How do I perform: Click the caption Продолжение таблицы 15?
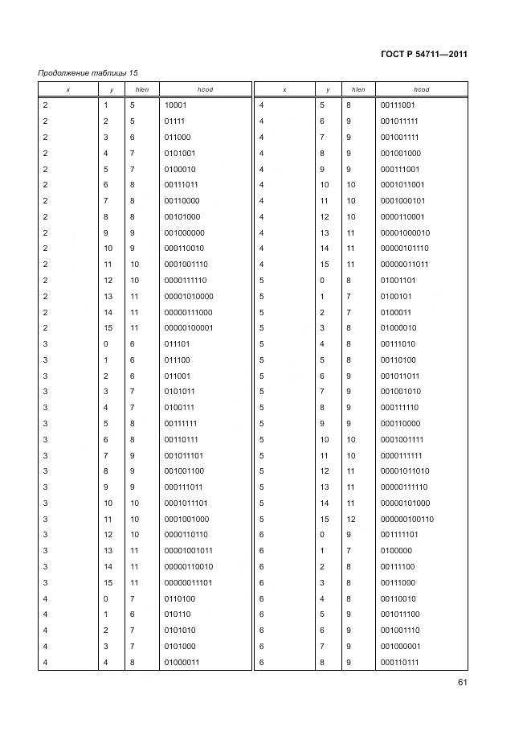coord(80,74)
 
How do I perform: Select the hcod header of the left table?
coord(205,89)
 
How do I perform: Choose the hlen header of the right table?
coord(357,89)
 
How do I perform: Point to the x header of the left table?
coord(67,89)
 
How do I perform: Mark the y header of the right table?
coord(327,89)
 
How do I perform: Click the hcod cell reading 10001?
coord(176,105)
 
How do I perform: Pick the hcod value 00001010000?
coord(188,296)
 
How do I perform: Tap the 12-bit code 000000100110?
coord(406,519)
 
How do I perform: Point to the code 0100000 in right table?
coord(396,551)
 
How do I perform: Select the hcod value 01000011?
coord(182,662)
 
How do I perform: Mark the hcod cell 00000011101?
coord(188,582)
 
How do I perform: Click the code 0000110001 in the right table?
coord(402,216)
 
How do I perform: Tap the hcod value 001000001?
coord(400,646)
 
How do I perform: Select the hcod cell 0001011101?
coord(186,503)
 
